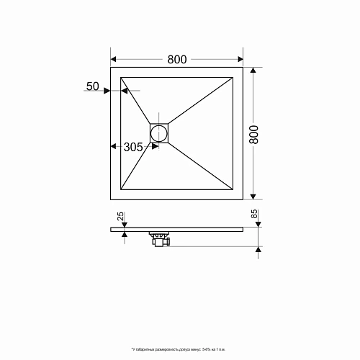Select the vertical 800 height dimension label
(253, 133)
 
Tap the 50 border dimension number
(92, 86)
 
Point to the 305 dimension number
(133, 147)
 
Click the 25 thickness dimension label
(121, 216)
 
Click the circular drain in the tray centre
(159, 133)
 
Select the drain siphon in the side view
(159, 239)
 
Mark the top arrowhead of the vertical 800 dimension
(253, 71)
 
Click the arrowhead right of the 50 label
(106, 91)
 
